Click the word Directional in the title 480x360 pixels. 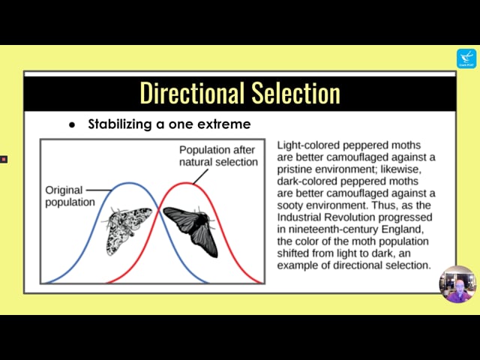click(x=190, y=93)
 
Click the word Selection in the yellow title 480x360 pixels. click(x=295, y=93)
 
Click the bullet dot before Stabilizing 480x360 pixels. click(x=72, y=125)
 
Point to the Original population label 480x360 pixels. click(x=70, y=196)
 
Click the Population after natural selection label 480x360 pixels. click(x=218, y=156)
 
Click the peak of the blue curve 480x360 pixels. click(x=129, y=183)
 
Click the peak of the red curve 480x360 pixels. click(x=186, y=183)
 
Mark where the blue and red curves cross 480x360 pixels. click(x=158, y=210)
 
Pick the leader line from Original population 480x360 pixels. click(x=98, y=190)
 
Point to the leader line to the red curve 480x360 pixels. click(x=200, y=177)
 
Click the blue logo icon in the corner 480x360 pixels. click(x=466, y=58)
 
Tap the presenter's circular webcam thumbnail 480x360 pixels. click(x=457, y=284)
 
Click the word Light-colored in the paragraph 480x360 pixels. click(x=307, y=145)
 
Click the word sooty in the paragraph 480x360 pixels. click(x=290, y=205)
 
